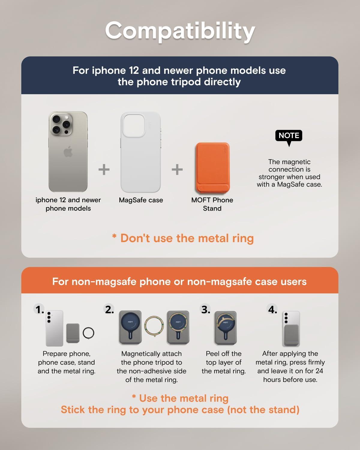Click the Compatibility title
coord(180,31)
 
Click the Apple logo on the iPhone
coord(68,151)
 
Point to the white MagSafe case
coord(141,152)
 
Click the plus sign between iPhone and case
coord(104,169)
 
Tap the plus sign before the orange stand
coord(177,169)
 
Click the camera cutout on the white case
coord(134,125)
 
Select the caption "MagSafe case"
coord(141,200)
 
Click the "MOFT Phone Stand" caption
coord(212,204)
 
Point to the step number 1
coord(39,309)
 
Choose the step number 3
coord(205,309)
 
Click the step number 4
coord(273,309)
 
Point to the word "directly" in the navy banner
coord(222,82)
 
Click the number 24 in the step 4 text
coord(319,371)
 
